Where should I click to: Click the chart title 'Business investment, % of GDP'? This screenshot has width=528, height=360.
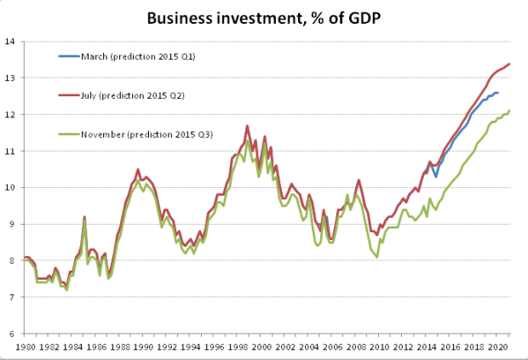[x=264, y=18]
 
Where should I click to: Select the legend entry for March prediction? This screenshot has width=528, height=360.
[x=138, y=56]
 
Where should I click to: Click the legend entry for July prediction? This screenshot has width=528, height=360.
[x=133, y=95]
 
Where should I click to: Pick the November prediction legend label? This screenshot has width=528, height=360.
[x=146, y=134]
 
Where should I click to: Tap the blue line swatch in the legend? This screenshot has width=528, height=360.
[x=69, y=56]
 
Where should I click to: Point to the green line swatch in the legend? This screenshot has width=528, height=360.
[x=69, y=134]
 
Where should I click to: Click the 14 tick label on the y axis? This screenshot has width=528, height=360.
[x=10, y=42]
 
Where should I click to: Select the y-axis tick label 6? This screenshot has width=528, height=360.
[x=12, y=334]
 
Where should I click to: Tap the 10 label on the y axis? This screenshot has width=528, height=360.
[x=10, y=187]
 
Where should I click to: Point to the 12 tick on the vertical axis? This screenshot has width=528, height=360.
[x=10, y=114]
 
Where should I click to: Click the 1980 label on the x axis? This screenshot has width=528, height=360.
[x=26, y=347]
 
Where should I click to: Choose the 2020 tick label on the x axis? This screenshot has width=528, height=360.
[x=497, y=347]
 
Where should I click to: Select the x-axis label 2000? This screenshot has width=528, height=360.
[x=261, y=347]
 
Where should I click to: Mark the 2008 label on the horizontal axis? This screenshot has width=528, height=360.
[x=356, y=347]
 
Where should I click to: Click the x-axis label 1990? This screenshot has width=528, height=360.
[x=143, y=347]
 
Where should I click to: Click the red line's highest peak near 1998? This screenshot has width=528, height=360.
[x=247, y=126]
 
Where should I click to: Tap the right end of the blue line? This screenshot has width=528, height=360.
[x=498, y=93]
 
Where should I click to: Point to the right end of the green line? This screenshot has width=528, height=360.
[x=509, y=111]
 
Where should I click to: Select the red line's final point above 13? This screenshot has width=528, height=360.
[x=509, y=64]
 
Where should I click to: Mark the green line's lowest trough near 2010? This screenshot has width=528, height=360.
[x=376, y=257]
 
